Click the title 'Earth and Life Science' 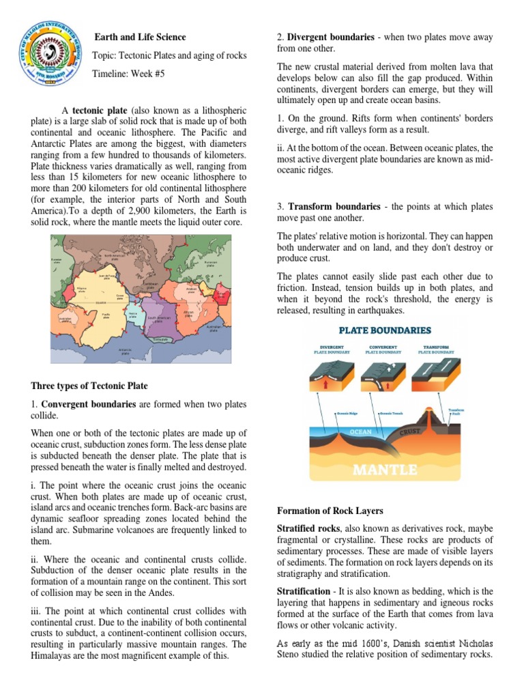point(139,37)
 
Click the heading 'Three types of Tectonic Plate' point(89,386)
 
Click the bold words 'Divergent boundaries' point(330,37)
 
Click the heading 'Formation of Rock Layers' point(330,511)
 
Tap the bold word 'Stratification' point(304,590)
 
